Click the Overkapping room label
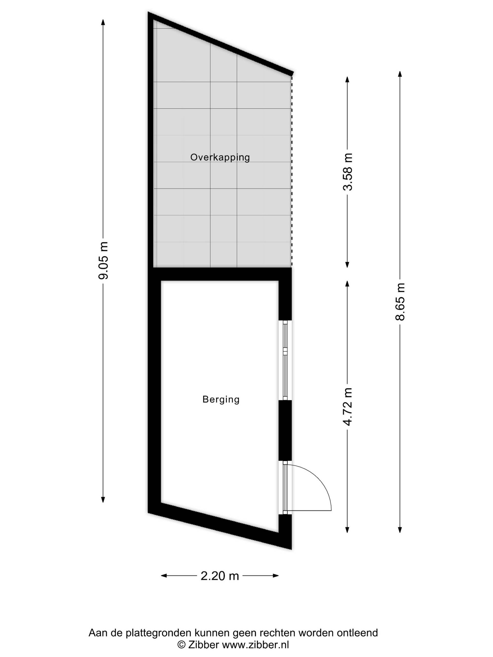tap(220, 157)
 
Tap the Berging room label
tap(221, 399)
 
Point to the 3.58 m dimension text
tap(347, 172)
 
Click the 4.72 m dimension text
tap(347, 407)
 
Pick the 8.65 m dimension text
tap(400, 302)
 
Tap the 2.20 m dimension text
tap(220, 576)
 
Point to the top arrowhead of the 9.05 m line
tap(103, 23)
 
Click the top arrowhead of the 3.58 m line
tap(347, 80)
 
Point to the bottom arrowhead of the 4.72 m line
tap(347, 529)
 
